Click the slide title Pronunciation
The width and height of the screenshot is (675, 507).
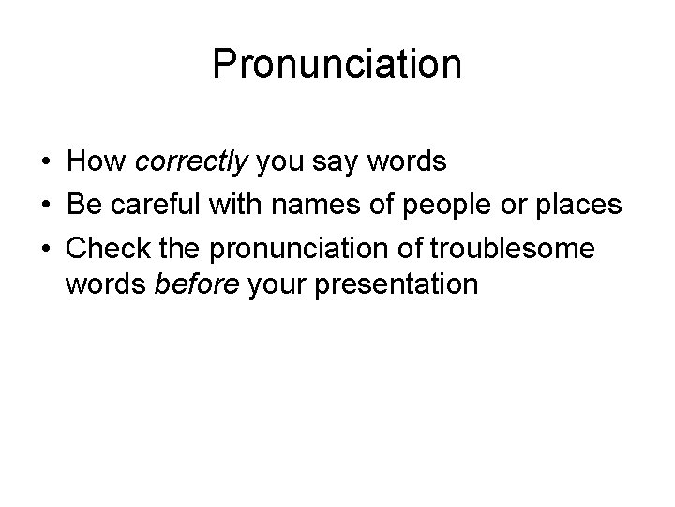pos(337,65)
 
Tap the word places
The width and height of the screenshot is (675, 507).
pos(578,205)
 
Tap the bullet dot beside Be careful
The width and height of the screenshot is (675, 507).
pos(45,206)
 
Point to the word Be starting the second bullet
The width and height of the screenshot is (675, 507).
pos(84,205)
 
